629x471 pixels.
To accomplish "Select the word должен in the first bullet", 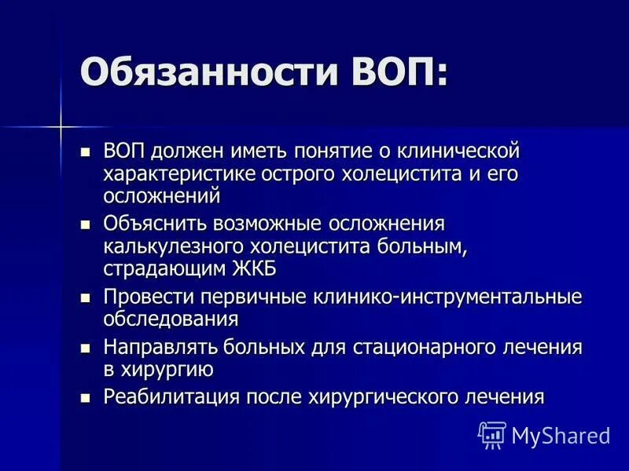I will pos(186,150).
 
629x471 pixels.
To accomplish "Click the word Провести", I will pos(149,298).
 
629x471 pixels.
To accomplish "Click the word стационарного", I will pos(408,347).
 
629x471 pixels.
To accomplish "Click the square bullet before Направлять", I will pos(86,347).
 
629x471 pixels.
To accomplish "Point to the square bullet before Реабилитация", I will pos(86,396).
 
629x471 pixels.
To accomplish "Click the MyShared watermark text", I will pos(560,434).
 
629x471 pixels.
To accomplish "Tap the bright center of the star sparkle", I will pos(60,126).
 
